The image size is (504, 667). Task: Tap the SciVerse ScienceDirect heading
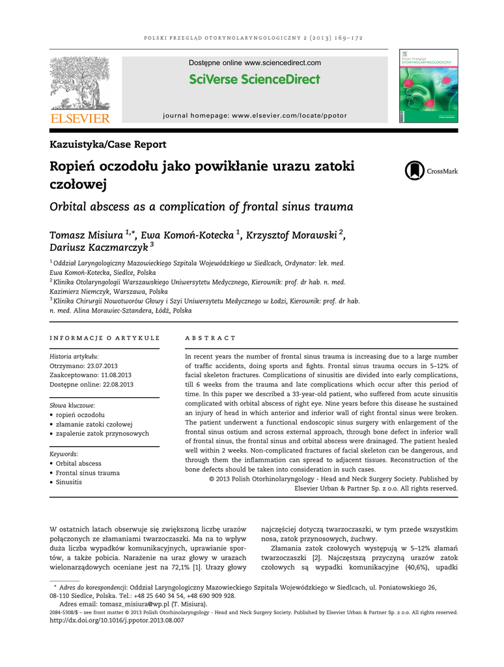(x=255, y=79)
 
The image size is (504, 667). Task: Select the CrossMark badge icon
(x=414, y=171)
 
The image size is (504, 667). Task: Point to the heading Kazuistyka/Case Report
(x=108, y=145)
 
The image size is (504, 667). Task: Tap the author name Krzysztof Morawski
(x=292, y=234)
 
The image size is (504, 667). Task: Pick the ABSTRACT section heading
(x=210, y=338)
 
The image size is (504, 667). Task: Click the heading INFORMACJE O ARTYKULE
(x=105, y=338)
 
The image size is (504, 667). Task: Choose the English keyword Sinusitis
(x=69, y=482)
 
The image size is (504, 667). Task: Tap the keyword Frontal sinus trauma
(x=88, y=473)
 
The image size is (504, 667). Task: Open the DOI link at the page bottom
(x=117, y=621)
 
